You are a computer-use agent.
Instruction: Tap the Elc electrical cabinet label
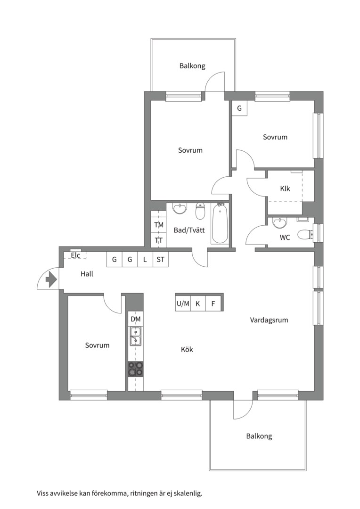[x=76, y=255]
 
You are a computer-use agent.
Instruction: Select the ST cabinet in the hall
[x=160, y=260]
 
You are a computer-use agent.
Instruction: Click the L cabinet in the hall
[x=145, y=260]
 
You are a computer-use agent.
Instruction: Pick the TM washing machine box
[x=159, y=225]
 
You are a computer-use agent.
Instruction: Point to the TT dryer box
[x=159, y=240]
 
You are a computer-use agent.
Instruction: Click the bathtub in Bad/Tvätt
[x=220, y=223]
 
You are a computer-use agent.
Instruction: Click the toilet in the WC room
[x=305, y=234]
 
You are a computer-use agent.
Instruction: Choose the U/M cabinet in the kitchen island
[x=183, y=304]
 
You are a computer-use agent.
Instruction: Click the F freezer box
[x=213, y=304]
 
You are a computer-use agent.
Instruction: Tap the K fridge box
[x=198, y=304]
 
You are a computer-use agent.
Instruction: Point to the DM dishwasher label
[x=136, y=319]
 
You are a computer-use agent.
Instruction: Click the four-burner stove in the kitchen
[x=135, y=369]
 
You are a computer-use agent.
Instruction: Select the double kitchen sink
[x=135, y=337]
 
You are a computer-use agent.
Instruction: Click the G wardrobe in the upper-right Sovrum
[x=239, y=108]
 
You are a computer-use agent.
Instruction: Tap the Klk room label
[x=285, y=189]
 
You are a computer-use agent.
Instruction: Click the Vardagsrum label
[x=269, y=320]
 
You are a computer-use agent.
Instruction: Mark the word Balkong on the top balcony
[x=193, y=66]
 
